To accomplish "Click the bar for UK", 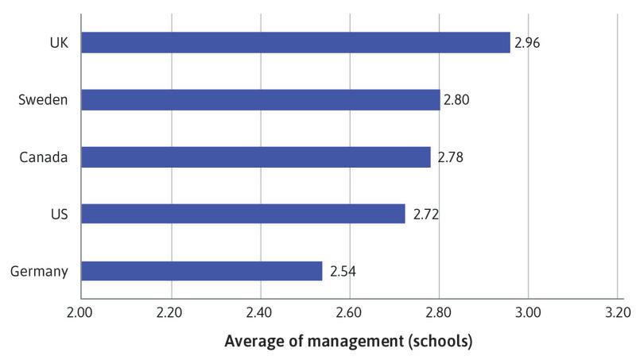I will point(295,42).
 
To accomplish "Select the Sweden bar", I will point(260,99).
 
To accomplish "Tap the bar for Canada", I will point(255,157).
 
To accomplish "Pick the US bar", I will point(242,214).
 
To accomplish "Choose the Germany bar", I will point(201,271).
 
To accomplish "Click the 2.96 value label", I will point(527,43).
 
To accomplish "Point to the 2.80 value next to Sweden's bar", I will point(456,100).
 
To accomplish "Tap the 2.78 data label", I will point(448,157).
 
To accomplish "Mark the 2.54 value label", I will point(343,272).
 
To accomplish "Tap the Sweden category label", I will point(43,100).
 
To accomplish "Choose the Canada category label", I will point(44,157).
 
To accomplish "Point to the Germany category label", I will point(39,272).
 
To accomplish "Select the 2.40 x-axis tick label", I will point(259,312).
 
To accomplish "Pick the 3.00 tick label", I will point(528,312).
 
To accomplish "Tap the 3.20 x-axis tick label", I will point(617,312).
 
